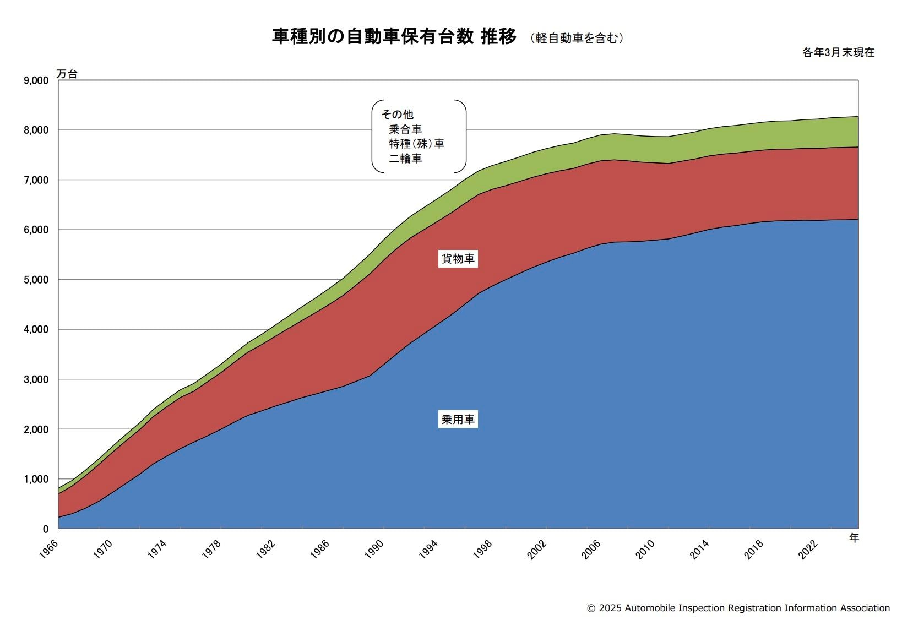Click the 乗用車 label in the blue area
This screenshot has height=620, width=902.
tap(458, 420)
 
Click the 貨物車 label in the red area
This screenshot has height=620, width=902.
tap(458, 259)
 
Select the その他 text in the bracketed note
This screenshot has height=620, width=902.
tap(397, 115)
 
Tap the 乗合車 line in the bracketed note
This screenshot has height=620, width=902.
tap(405, 129)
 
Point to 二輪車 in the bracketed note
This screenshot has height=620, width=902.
tap(405, 159)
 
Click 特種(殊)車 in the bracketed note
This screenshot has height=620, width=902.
tap(416, 144)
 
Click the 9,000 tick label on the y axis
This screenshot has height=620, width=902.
tap(36, 80)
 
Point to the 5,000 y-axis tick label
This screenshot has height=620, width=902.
tap(36, 280)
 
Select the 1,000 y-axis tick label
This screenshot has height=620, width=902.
tap(36, 479)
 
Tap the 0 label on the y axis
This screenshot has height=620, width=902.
tap(46, 529)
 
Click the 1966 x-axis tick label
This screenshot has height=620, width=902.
tap(48, 550)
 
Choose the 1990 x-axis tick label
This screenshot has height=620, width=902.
tap(374, 550)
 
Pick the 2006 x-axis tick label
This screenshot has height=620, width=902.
tap(591, 550)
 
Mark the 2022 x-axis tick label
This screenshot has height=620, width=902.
tap(808, 550)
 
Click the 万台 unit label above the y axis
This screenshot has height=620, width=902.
tap(67, 74)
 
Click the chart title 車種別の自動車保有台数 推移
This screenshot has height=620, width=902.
tap(394, 37)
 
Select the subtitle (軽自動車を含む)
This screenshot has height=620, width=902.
tap(577, 38)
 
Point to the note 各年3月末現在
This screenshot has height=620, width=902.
tap(838, 53)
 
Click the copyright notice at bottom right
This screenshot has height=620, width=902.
tap(738, 608)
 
